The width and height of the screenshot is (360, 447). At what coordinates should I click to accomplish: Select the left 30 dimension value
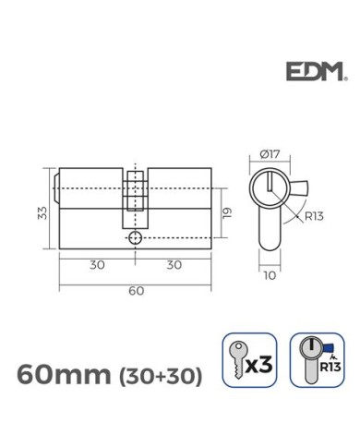click(x=96, y=263)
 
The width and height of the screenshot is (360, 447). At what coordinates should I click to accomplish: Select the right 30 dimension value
click(x=173, y=263)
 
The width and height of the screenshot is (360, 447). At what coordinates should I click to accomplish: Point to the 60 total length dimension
click(x=136, y=292)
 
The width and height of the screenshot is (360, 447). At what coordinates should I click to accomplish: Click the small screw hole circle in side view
click(x=136, y=237)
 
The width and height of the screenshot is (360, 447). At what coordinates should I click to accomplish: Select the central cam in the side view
click(x=136, y=199)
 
